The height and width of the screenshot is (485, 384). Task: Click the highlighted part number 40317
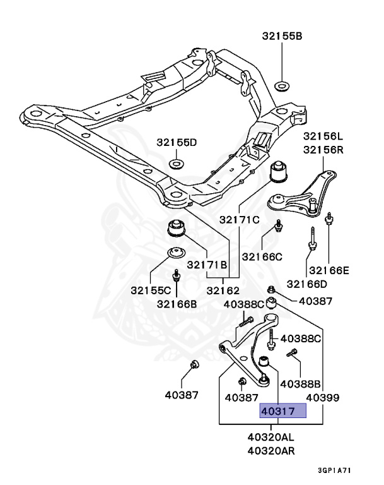(283, 412)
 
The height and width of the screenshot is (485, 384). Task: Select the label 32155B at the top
(282, 37)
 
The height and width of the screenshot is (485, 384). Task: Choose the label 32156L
(323, 136)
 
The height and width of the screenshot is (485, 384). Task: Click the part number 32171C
(239, 220)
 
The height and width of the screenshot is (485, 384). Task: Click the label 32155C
(152, 291)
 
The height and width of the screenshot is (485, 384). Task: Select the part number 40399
(323, 398)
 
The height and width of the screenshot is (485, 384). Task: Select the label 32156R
(323, 150)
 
